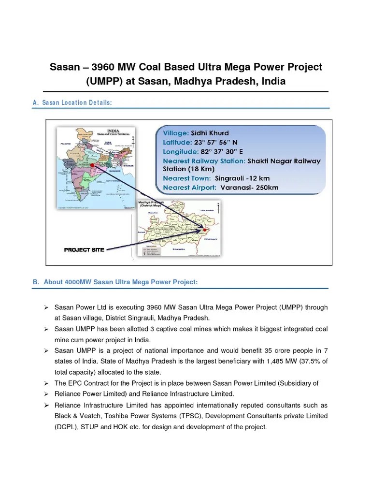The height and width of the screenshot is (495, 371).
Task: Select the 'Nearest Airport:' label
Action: [189, 188]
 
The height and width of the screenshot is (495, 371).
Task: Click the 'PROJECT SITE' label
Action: [84, 250]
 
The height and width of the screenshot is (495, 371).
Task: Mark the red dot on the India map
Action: [92, 165]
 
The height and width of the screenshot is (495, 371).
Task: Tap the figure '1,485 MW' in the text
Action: [275, 362]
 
